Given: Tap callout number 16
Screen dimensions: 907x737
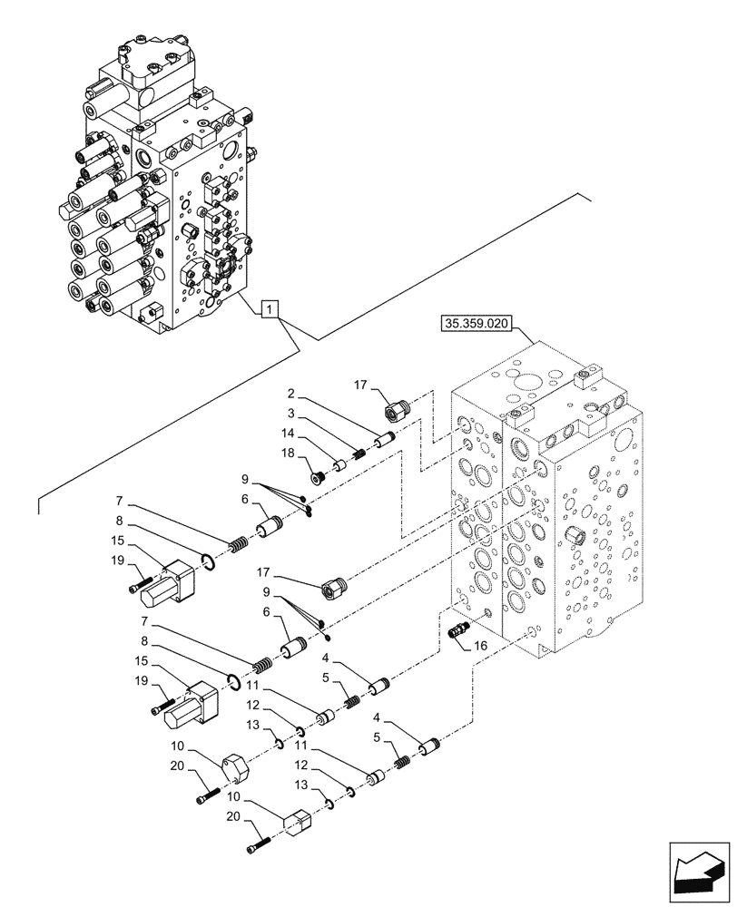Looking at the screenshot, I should pos(480,646).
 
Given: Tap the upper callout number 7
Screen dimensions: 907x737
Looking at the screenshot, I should pos(120,500).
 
